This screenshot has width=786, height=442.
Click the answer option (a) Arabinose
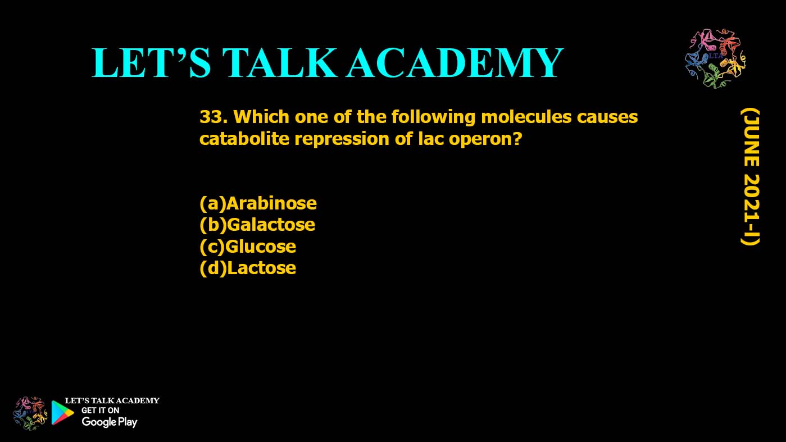[258, 203]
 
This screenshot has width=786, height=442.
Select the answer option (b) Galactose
[257, 225]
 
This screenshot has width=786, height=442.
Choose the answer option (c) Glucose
[248, 247]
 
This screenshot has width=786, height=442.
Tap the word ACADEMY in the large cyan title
[455, 62]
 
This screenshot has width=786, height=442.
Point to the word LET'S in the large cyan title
[151, 62]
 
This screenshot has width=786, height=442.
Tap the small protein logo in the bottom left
[30, 413]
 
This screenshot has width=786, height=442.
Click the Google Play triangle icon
[62, 413]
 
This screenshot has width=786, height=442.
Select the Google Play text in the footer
[109, 422]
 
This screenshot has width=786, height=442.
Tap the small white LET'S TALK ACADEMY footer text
[112, 401]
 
